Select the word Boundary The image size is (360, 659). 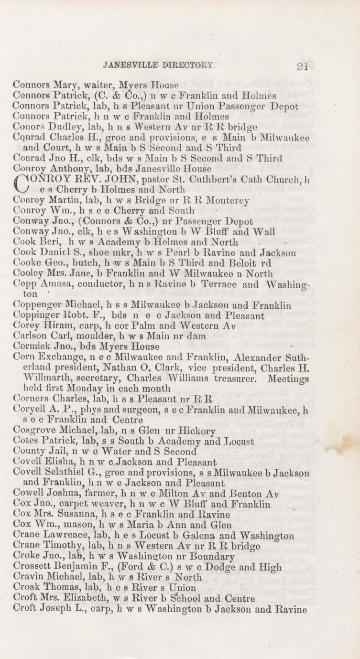(212, 556)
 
